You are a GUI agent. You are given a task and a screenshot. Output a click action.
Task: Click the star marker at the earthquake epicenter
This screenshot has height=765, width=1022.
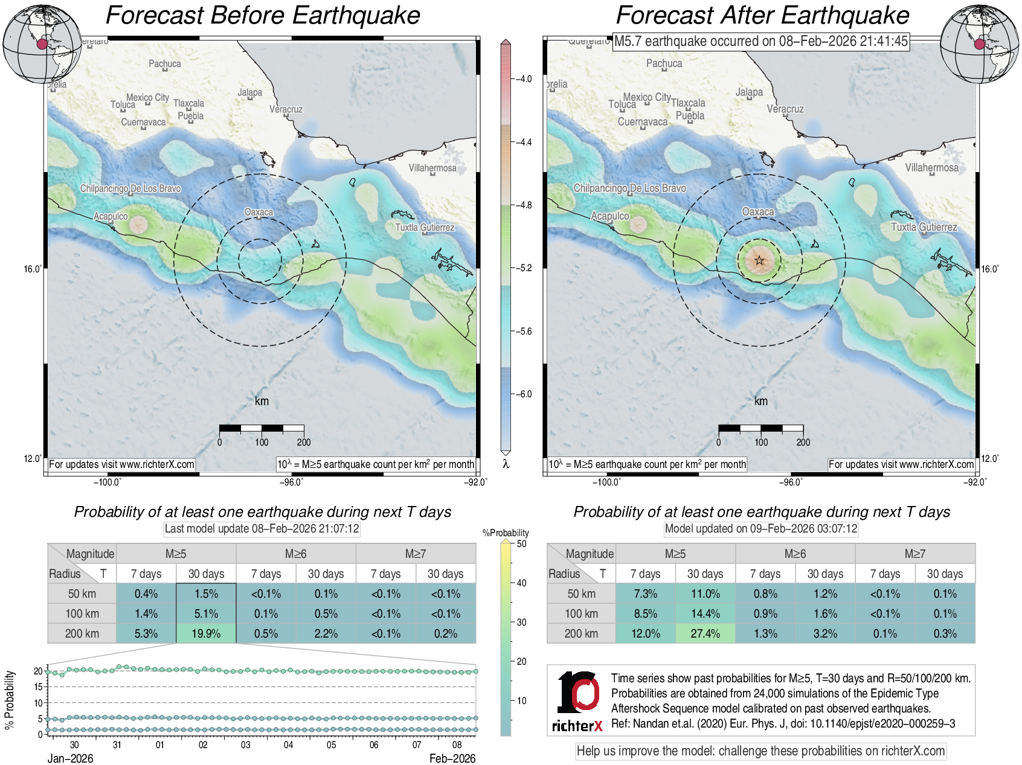[x=759, y=261]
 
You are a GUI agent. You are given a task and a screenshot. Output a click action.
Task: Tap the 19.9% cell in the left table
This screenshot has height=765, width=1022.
[x=206, y=633]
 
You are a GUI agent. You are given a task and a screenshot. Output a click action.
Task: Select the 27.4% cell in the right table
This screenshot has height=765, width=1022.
[x=705, y=633]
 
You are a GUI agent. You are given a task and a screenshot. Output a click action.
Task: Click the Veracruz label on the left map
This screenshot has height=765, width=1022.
[x=286, y=109]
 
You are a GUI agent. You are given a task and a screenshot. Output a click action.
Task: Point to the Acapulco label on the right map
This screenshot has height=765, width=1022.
[x=609, y=216]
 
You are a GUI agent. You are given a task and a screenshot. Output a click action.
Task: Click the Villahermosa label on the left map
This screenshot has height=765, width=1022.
[x=432, y=168]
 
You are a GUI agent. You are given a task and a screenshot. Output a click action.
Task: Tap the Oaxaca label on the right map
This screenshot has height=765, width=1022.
[x=758, y=212]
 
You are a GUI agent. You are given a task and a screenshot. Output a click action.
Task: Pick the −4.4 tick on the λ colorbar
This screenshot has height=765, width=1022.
[x=522, y=142]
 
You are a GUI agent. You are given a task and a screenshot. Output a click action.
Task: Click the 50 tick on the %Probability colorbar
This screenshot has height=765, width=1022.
[x=521, y=543]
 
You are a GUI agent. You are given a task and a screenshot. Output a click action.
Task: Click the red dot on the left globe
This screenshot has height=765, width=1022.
[x=42, y=44]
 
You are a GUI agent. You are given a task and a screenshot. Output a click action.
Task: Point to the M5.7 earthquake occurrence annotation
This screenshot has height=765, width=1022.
[x=760, y=41]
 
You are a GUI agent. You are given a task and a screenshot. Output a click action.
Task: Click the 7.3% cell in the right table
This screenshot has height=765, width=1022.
[x=645, y=594]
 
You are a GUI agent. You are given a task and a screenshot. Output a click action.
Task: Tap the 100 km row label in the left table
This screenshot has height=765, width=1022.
[x=82, y=613]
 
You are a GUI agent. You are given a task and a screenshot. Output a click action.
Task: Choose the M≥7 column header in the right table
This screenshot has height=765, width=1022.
[x=914, y=554]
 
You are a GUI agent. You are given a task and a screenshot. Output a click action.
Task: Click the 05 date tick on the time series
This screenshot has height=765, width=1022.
[x=331, y=745]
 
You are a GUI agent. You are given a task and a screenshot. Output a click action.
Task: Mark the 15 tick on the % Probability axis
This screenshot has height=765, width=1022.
[x=39, y=687]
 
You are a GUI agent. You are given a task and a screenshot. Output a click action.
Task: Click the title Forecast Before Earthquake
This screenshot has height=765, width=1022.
[x=263, y=16]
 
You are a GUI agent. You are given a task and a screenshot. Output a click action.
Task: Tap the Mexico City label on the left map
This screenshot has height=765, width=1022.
[x=147, y=97]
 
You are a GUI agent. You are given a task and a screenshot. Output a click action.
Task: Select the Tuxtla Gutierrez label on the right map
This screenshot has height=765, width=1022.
[x=924, y=227]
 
